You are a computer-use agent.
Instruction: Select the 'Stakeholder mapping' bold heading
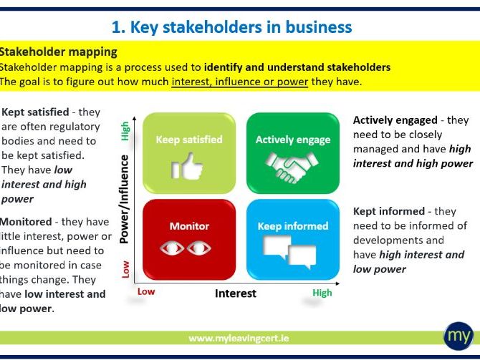coord(58,52)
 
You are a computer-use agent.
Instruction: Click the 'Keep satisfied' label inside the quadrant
coord(189,140)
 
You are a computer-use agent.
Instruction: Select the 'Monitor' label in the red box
coord(188,226)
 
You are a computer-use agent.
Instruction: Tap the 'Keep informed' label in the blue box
coord(293,226)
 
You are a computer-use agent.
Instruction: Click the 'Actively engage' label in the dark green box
coord(293,140)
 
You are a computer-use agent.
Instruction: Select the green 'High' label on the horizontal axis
coord(322,293)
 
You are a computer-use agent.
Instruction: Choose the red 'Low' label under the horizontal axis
coord(145,292)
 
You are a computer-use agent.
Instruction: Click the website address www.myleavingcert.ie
coord(240,337)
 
